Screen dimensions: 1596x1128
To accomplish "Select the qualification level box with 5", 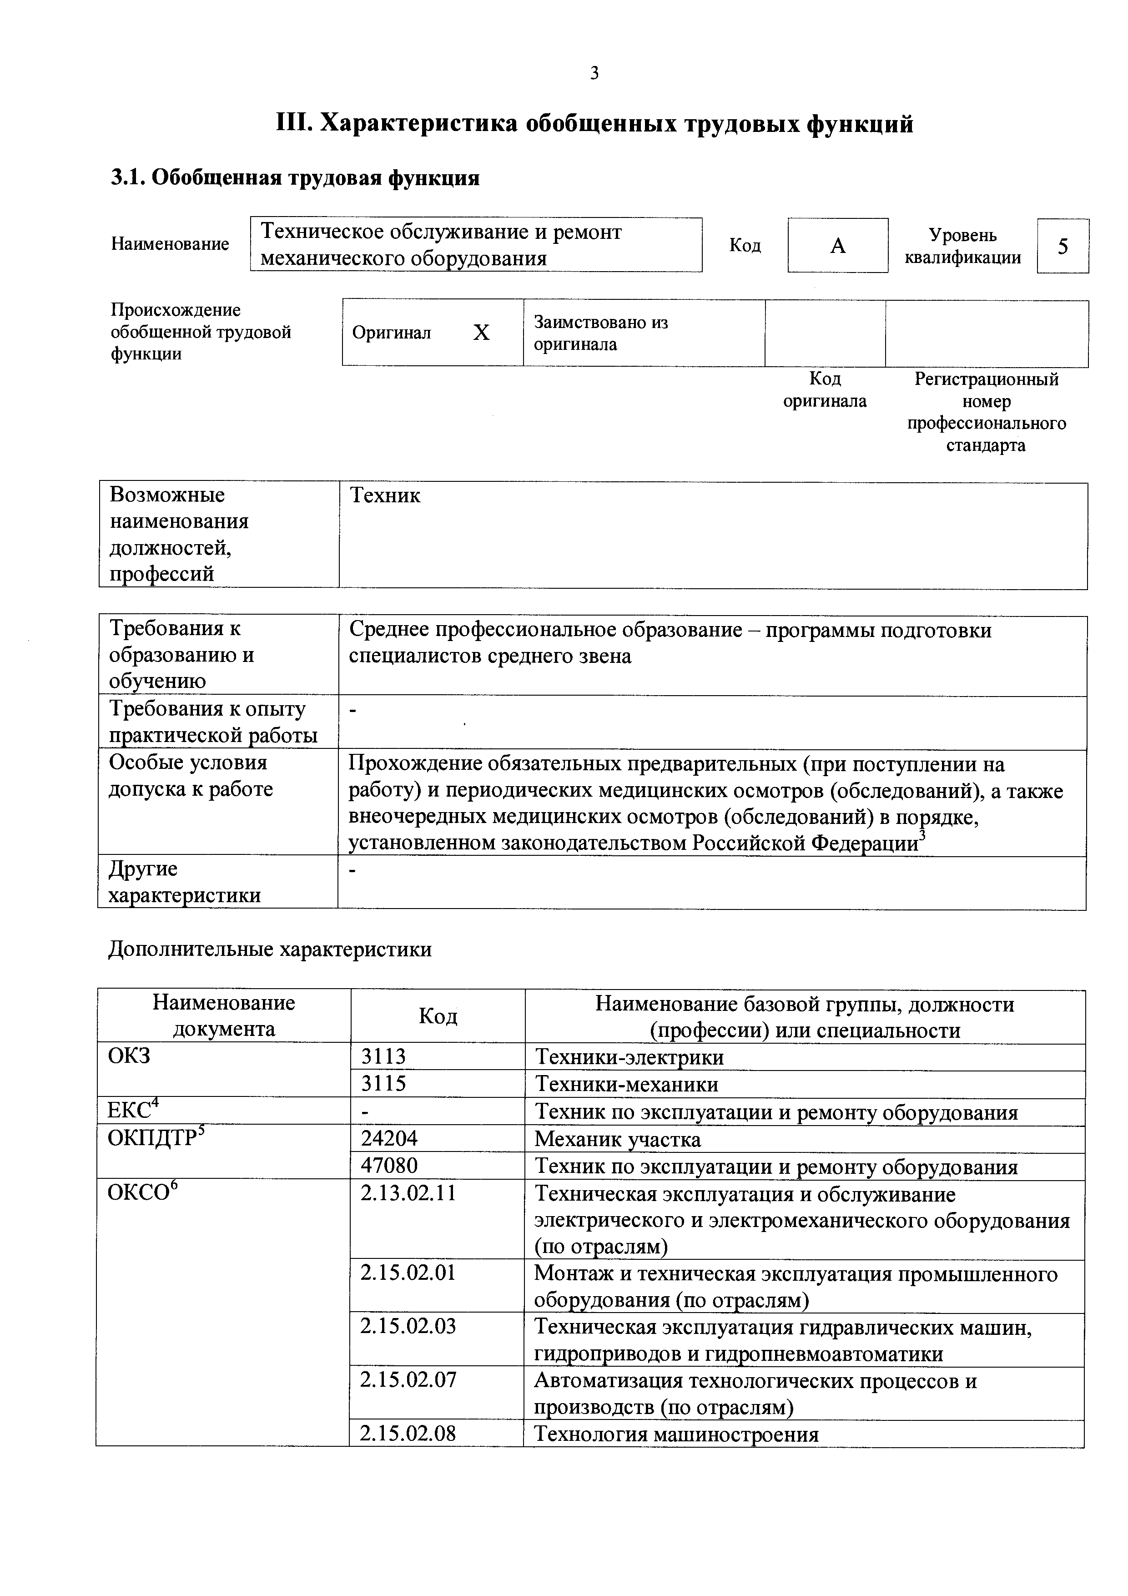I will (1062, 246).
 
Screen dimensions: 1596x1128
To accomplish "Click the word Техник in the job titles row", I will (385, 495).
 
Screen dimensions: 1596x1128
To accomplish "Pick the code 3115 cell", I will (383, 1084).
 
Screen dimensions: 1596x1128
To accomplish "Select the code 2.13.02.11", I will (408, 1193).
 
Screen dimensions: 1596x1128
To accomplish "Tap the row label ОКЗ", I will (129, 1056).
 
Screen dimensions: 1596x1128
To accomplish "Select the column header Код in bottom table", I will (438, 1016).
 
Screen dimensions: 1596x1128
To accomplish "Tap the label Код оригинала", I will (825, 390).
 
